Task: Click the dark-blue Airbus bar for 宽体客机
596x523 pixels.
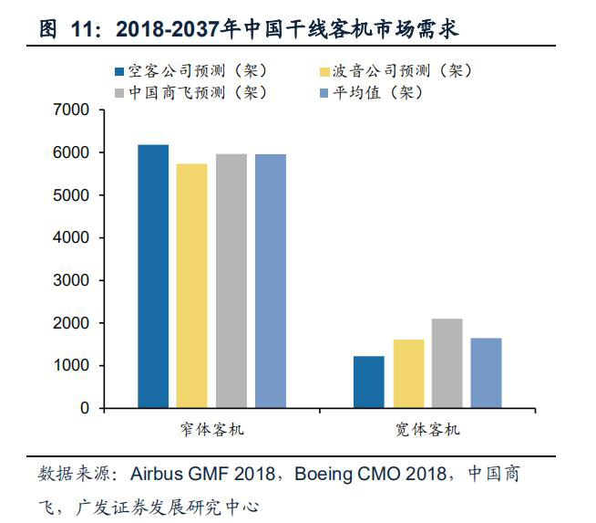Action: coord(369,382)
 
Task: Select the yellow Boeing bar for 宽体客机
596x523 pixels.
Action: coord(408,374)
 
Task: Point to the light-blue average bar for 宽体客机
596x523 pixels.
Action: coord(486,373)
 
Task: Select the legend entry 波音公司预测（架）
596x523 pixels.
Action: coord(396,71)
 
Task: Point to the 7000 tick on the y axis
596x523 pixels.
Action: coord(73,110)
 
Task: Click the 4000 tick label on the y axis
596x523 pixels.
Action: coord(73,238)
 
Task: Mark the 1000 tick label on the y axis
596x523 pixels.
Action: coord(73,366)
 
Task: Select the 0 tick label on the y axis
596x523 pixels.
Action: coord(86,409)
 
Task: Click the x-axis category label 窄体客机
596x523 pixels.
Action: coord(211,428)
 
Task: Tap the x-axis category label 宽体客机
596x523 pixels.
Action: coord(428,428)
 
